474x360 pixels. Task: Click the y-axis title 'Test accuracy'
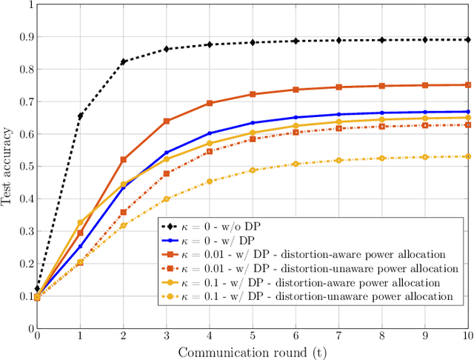coord(8,166)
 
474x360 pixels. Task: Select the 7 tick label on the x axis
coord(338,336)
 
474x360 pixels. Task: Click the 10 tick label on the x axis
coord(467,336)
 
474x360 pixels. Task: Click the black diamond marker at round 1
coord(80,116)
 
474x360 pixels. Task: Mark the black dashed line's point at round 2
coord(123,61)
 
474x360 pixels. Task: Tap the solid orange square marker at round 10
coord(467,84)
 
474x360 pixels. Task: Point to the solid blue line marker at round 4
coord(209,133)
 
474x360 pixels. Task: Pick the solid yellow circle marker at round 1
coord(80,222)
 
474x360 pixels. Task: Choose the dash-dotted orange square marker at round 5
coord(253,139)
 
